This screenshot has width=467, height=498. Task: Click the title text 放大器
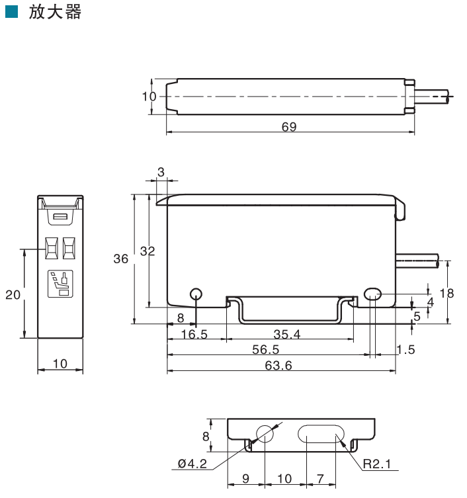point(55,13)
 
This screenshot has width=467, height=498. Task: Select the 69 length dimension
point(289,126)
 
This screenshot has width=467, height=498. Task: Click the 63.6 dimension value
point(278,365)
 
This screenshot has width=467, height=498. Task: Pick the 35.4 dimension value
point(286,334)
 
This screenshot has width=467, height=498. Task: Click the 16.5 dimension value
point(194,334)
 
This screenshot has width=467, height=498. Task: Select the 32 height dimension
point(147,251)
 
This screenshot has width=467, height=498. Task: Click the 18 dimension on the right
point(451,293)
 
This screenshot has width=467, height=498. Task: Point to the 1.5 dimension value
point(406,349)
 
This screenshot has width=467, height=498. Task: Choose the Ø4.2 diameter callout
point(192,464)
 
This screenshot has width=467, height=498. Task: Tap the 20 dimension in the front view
point(13,294)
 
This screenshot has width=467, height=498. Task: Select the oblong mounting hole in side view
point(373,294)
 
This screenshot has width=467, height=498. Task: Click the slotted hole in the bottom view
point(321,435)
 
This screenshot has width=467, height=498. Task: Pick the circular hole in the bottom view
point(265,434)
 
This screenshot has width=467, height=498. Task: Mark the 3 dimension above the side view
point(161,172)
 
